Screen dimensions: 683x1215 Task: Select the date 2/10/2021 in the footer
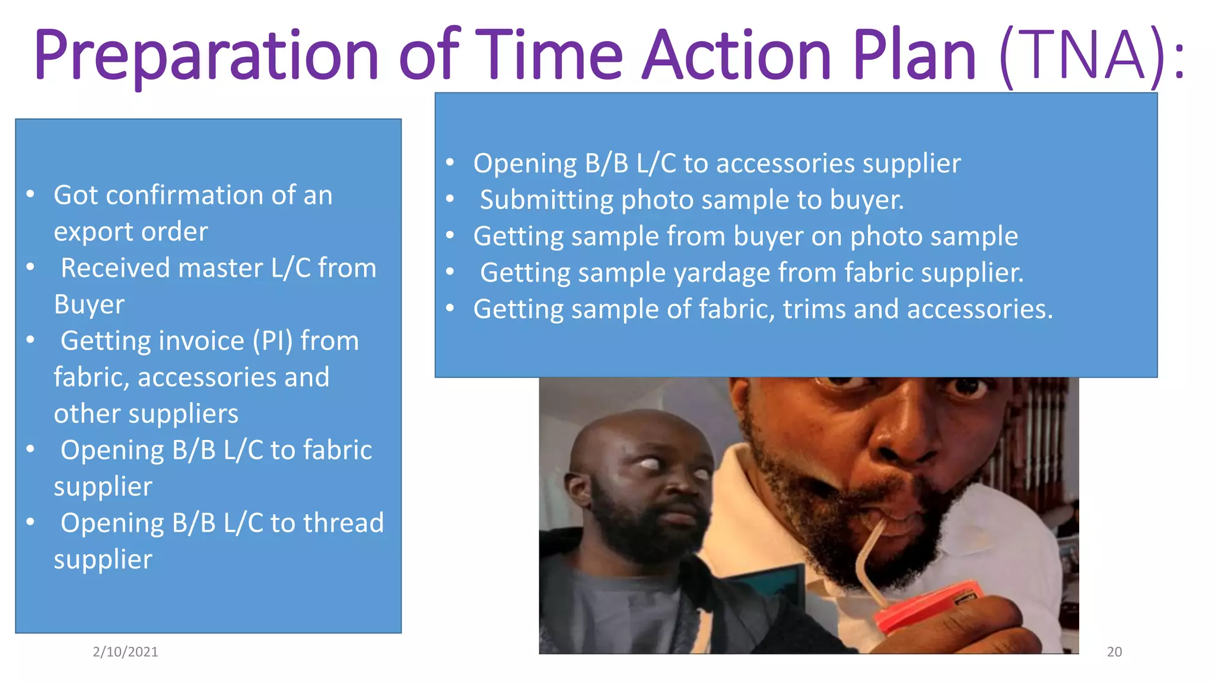click(x=125, y=652)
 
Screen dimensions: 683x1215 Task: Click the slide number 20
click(x=1114, y=652)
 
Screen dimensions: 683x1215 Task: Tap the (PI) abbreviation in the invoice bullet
click(x=272, y=341)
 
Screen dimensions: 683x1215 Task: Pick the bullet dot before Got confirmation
click(x=31, y=194)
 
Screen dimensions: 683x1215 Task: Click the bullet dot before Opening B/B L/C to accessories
click(x=450, y=162)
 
